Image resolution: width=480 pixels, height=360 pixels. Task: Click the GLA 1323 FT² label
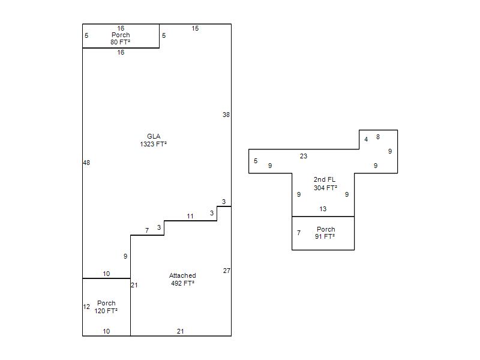154,140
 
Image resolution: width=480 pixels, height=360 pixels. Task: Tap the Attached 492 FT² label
182,280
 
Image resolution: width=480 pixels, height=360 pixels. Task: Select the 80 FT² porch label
121,38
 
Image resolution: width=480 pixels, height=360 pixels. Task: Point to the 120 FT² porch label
106,307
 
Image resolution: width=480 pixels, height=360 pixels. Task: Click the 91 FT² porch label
325,233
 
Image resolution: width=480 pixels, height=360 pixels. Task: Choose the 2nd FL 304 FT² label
325,184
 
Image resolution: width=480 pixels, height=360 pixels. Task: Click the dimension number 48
86,163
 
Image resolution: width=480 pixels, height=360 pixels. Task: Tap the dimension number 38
226,115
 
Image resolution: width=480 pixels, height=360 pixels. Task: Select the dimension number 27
227,271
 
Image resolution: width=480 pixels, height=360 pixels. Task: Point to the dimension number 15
196,28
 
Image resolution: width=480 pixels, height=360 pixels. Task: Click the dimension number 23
304,156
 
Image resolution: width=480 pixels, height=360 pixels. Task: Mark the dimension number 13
323,209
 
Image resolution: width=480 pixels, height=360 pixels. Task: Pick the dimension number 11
190,217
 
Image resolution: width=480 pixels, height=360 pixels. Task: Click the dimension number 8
378,137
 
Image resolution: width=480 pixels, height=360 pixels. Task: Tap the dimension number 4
366,140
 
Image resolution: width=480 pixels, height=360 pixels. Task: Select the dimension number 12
86,307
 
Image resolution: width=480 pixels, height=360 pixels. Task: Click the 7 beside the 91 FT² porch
299,233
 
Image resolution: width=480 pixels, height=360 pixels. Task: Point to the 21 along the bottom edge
181,331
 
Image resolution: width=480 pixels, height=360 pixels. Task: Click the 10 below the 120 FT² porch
106,331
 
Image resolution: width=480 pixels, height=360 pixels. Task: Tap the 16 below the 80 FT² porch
121,52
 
